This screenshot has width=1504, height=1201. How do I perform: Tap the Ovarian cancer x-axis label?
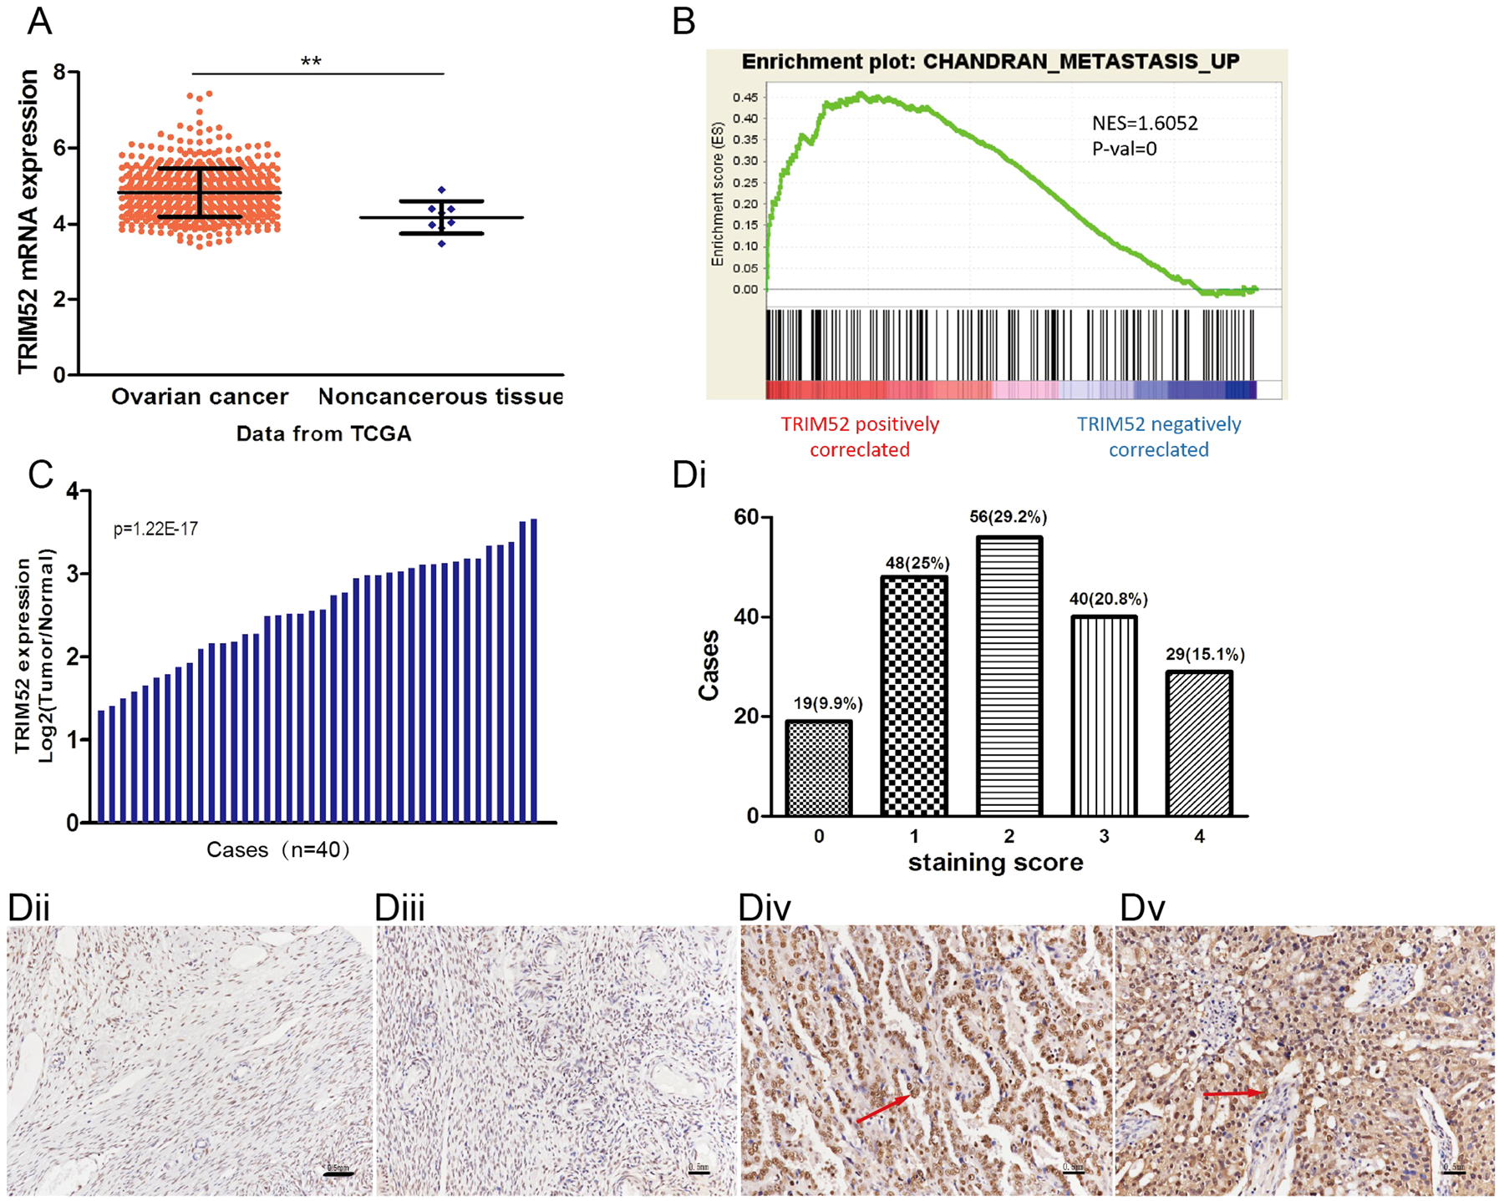200,396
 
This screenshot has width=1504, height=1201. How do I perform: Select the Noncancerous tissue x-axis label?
440,396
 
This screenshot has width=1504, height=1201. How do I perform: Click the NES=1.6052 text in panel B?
1145,124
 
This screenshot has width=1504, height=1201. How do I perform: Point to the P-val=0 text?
1125,149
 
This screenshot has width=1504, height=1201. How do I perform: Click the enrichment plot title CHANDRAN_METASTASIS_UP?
990,62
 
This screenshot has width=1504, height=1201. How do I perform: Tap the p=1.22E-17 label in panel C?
155,529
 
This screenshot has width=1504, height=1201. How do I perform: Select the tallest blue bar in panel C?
534,668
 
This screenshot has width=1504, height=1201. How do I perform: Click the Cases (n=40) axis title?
278,850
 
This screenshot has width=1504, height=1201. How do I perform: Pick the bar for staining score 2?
1009,677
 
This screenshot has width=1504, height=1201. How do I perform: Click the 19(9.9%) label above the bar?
827,703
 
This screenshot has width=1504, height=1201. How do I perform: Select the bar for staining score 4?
1199,743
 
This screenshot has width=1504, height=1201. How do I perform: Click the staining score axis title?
995,863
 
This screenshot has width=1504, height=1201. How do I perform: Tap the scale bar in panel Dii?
338,1173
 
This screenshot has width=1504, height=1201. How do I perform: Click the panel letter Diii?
399,908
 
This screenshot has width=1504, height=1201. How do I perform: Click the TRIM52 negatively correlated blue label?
1159,437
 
